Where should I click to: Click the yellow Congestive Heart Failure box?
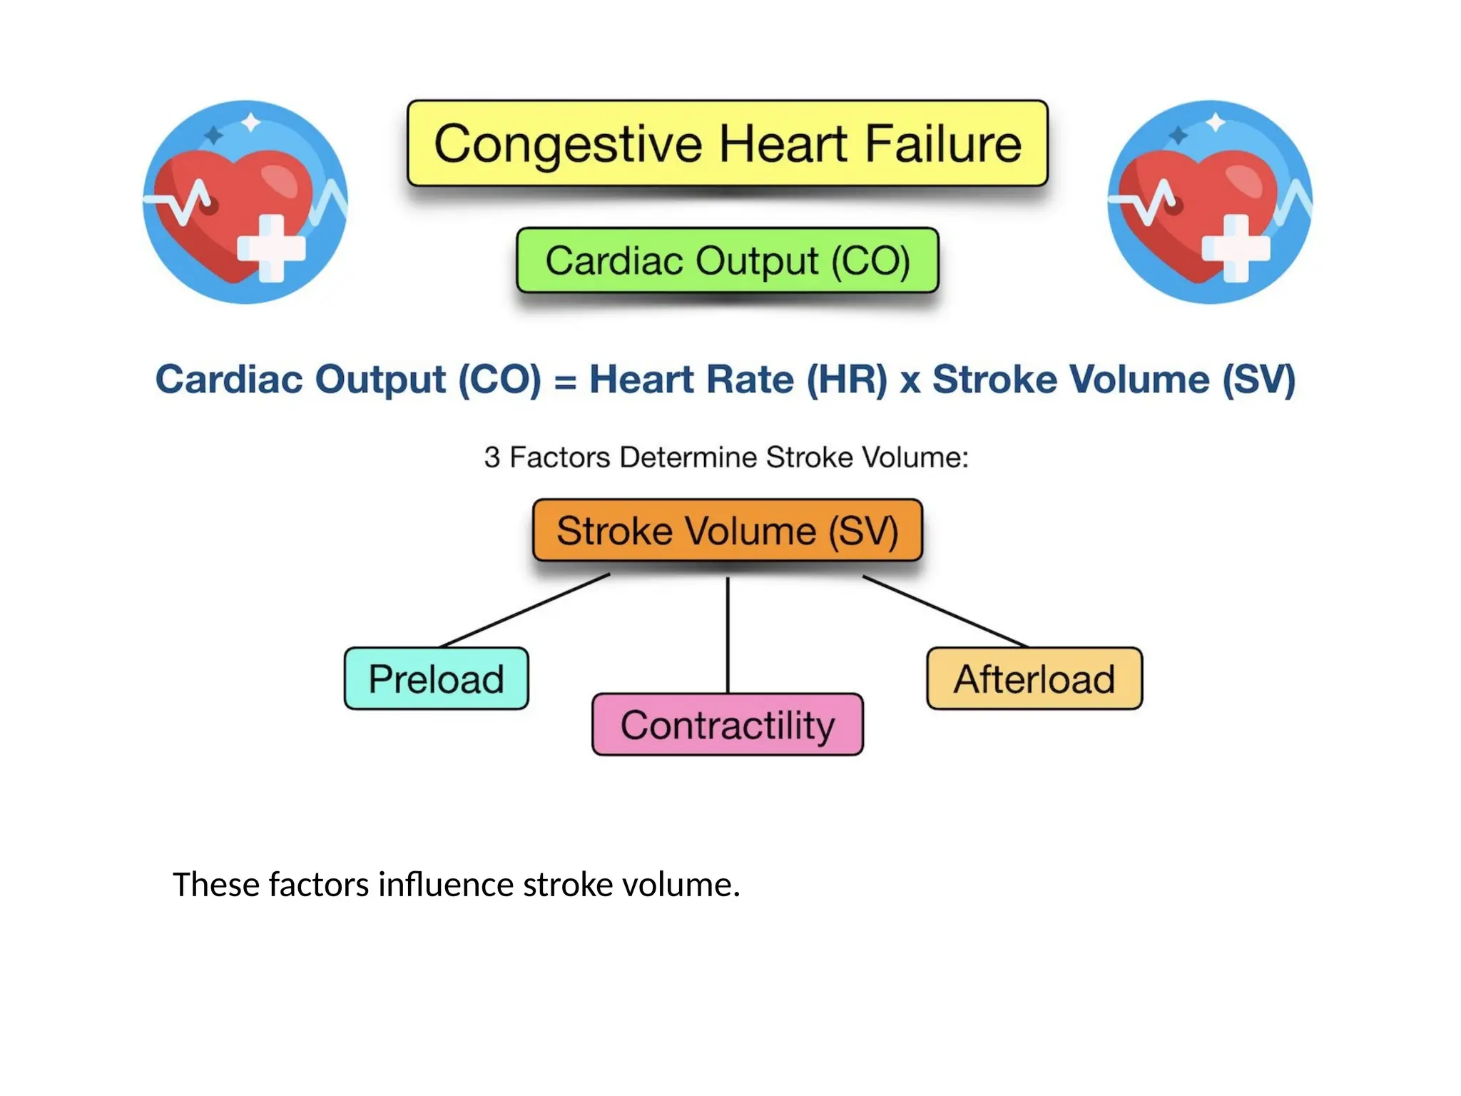(x=727, y=143)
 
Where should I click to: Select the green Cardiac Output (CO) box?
(x=727, y=260)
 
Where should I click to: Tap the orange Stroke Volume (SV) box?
(x=727, y=530)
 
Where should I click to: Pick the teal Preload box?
(x=436, y=679)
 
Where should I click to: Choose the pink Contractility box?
(x=727, y=725)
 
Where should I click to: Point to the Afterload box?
(x=1034, y=679)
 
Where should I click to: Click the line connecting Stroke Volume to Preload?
(x=526, y=611)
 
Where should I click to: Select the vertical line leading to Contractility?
(x=727, y=635)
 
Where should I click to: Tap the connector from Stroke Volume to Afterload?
(x=945, y=612)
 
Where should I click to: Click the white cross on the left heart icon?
(x=272, y=248)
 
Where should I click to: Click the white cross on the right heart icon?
(x=1236, y=248)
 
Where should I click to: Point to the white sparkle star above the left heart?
(x=250, y=123)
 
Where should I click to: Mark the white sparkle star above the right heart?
(x=1215, y=123)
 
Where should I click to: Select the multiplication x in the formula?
(x=910, y=380)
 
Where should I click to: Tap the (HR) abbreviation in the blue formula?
(x=847, y=379)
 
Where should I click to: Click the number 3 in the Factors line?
(x=492, y=457)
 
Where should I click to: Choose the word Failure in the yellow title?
(x=943, y=143)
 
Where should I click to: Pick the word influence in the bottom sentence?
(x=445, y=885)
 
